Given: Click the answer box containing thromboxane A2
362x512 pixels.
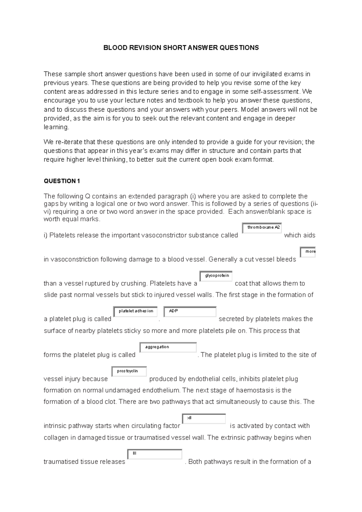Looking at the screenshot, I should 262,228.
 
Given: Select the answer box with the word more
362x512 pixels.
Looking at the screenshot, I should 308,252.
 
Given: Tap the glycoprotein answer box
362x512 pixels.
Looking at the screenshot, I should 216,276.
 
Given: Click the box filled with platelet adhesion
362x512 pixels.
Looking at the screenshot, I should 135,311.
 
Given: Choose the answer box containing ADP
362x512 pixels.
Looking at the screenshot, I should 190,311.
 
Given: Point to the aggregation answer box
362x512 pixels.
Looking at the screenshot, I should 168,347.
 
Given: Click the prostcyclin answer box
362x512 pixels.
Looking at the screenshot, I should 129,371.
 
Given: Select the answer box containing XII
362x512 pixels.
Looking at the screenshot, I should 204,419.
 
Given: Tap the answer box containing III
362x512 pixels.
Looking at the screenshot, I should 155,454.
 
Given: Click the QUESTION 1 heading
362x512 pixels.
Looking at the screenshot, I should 62,181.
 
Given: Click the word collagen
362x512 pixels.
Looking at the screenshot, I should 56,438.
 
